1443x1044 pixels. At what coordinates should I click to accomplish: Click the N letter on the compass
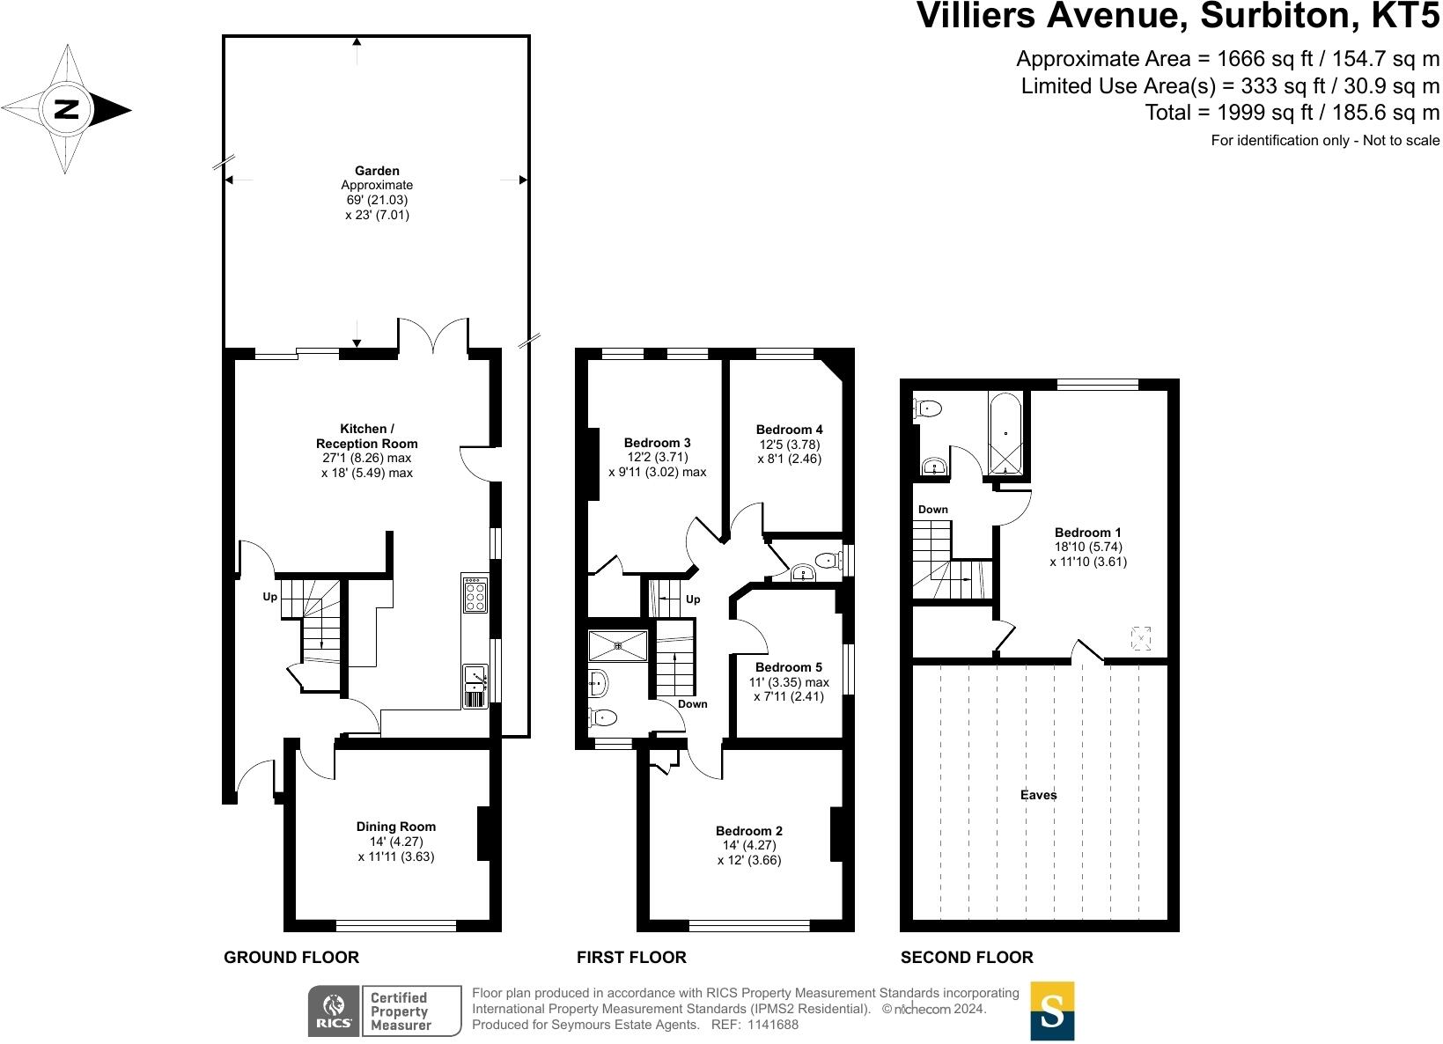pyautogui.click(x=66, y=109)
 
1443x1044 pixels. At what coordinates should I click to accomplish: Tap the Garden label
pyautogui.click(x=377, y=171)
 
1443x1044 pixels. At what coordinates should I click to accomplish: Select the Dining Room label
pyautogui.click(x=395, y=827)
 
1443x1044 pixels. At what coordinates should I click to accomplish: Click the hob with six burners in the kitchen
pyautogui.click(x=475, y=594)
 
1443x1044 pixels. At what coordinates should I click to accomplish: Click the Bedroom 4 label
pyautogui.click(x=789, y=430)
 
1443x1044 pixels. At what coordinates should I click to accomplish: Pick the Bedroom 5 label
pyautogui.click(x=789, y=667)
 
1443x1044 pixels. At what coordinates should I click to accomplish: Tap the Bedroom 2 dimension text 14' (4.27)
pyautogui.click(x=749, y=845)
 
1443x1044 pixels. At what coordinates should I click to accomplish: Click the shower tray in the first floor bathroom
pyautogui.click(x=618, y=646)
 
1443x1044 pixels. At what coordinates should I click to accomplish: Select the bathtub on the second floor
pyautogui.click(x=1005, y=434)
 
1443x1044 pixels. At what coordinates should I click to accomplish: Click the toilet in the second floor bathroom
pyautogui.click(x=928, y=408)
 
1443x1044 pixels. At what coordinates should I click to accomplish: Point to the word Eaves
pyautogui.click(x=1038, y=795)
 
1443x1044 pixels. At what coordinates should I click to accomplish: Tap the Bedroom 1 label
pyautogui.click(x=1087, y=533)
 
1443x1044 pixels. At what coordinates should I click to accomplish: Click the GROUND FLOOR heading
pyautogui.click(x=291, y=957)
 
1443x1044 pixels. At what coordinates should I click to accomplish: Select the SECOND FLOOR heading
pyautogui.click(x=967, y=957)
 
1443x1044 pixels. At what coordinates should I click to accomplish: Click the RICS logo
pyautogui.click(x=334, y=1011)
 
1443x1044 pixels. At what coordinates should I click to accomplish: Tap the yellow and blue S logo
pyautogui.click(x=1052, y=1011)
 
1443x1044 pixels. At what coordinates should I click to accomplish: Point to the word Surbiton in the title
pyautogui.click(x=1280, y=16)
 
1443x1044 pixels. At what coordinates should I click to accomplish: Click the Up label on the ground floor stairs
pyautogui.click(x=270, y=597)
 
